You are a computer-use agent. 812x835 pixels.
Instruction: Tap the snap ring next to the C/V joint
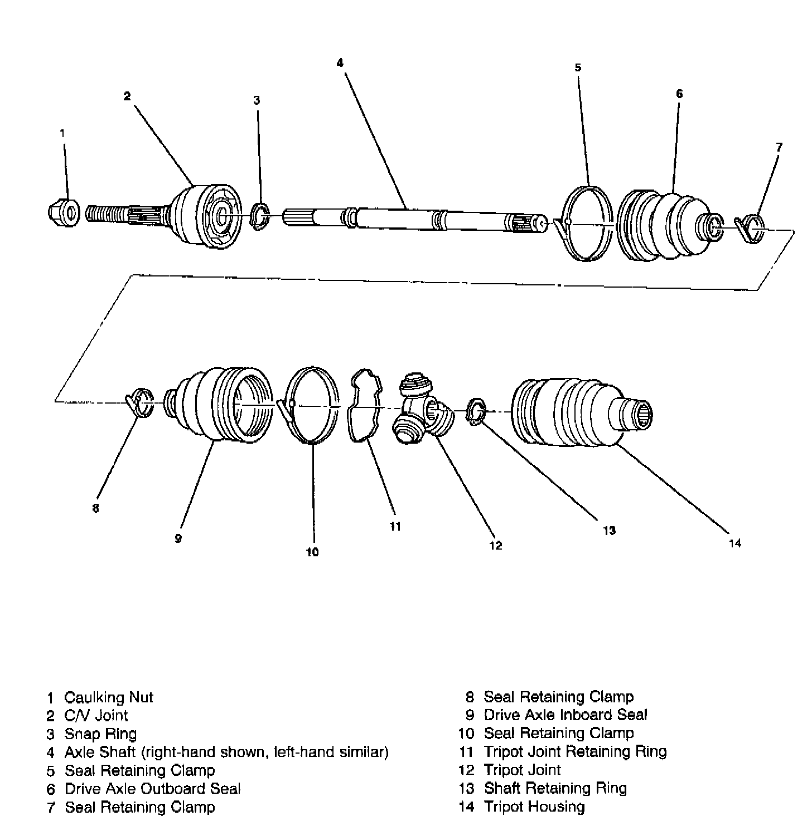(259, 217)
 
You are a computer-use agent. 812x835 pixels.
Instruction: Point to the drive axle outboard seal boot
(664, 226)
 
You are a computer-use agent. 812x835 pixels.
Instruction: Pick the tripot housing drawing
(574, 412)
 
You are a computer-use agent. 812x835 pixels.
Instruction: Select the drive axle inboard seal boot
(220, 405)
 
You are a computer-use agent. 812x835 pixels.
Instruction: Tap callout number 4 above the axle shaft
(340, 62)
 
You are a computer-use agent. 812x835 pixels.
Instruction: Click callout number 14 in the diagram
(734, 543)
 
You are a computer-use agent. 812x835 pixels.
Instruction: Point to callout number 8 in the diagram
(95, 508)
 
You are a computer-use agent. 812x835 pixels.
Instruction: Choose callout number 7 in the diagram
(779, 147)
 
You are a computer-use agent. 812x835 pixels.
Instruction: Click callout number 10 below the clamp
(312, 552)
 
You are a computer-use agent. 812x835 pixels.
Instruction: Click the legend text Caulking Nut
(108, 697)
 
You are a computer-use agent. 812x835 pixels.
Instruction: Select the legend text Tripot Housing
(534, 807)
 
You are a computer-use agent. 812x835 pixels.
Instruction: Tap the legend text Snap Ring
(100, 734)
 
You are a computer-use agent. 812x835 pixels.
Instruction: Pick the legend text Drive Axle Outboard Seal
(153, 789)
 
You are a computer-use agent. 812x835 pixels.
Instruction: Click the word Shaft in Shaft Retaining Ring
(502, 788)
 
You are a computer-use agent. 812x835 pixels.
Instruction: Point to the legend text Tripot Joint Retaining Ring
(575, 752)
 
